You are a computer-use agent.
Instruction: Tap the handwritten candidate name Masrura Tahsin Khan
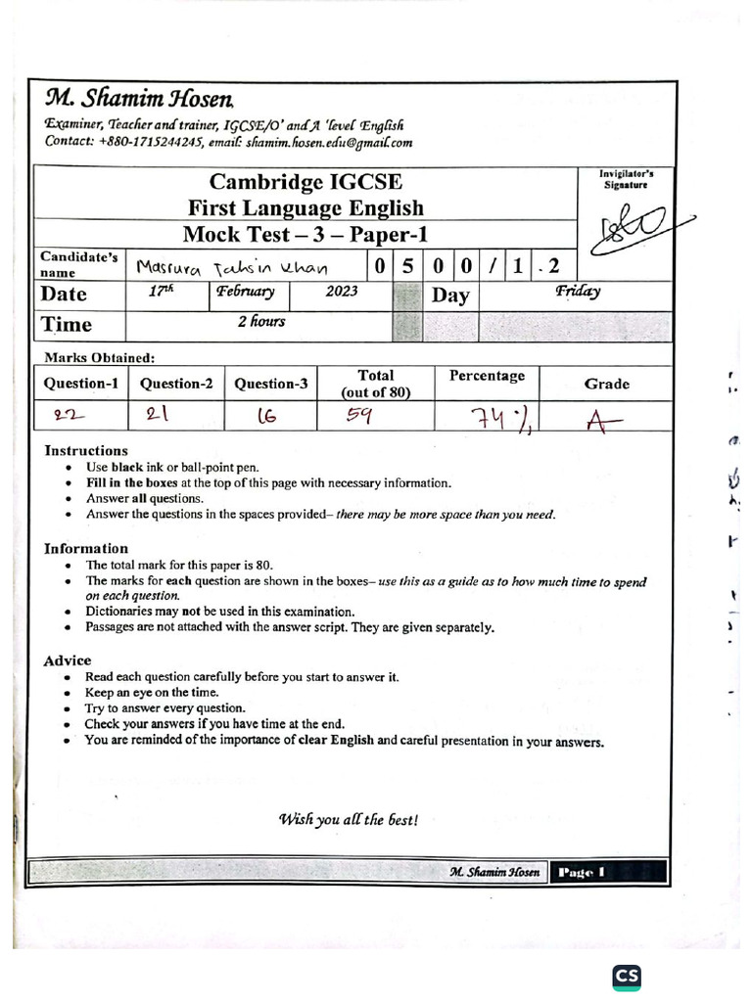click(x=232, y=267)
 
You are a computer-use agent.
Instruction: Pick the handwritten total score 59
click(x=360, y=415)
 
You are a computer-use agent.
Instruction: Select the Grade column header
click(x=606, y=384)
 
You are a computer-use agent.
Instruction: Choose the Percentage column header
click(x=487, y=376)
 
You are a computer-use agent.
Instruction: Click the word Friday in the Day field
click(x=577, y=291)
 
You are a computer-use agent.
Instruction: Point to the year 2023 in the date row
click(x=340, y=292)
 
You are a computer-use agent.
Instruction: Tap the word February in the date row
click(x=247, y=292)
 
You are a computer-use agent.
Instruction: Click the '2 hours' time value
click(x=260, y=321)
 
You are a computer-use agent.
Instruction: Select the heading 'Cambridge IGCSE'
click(x=305, y=182)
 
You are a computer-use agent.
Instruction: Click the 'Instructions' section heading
click(x=86, y=451)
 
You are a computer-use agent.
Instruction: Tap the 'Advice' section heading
click(x=67, y=660)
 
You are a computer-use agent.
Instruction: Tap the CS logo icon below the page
click(x=627, y=978)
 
